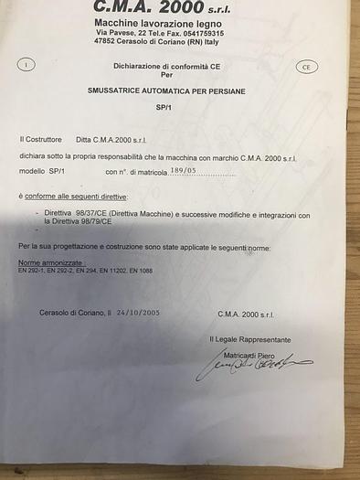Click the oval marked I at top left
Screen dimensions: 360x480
[27, 65]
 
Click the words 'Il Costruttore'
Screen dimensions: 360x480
[40, 139]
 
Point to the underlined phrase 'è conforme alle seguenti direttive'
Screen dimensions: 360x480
[73, 197]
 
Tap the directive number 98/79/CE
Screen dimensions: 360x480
[94, 221]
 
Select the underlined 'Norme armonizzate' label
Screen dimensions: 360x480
[45, 263]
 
